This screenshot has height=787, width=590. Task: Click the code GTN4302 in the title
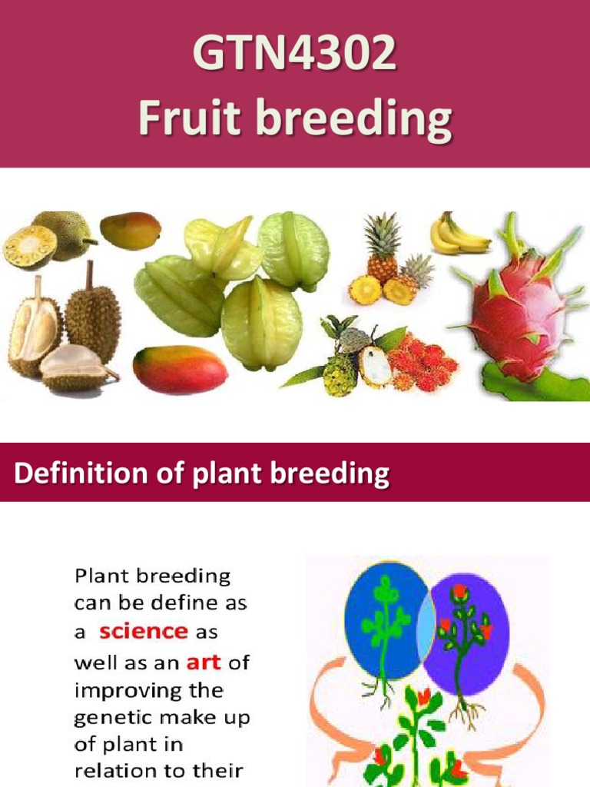pyautogui.click(x=294, y=55)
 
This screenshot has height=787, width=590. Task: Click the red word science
pyautogui.click(x=144, y=631)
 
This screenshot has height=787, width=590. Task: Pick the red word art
pyautogui.click(x=204, y=661)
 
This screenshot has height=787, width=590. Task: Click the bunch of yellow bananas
pyautogui.click(x=459, y=235)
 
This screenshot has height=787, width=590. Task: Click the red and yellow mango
pyautogui.click(x=180, y=369)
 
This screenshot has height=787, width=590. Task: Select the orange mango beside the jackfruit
pyautogui.click(x=130, y=230)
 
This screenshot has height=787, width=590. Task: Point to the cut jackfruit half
pyautogui.click(x=29, y=246)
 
